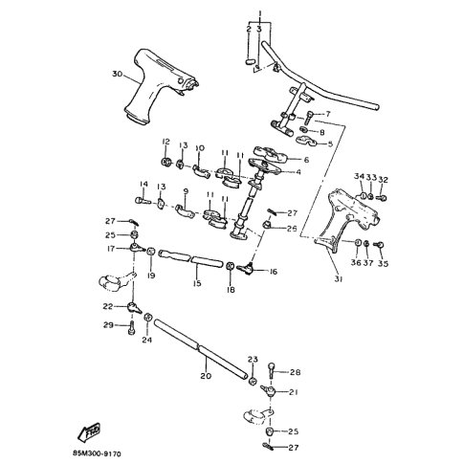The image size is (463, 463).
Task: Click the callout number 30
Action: click(117, 74)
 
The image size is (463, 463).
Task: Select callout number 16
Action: click(274, 273)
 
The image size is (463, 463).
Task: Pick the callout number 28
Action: click(295, 372)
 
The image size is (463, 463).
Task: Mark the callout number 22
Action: click(109, 307)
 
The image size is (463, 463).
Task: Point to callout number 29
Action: click(109, 327)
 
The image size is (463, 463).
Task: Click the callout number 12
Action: click(165, 143)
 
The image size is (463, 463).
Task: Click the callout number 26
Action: click(292, 230)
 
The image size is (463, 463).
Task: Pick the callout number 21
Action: click(295, 392)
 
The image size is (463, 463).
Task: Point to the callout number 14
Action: click(143, 185)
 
